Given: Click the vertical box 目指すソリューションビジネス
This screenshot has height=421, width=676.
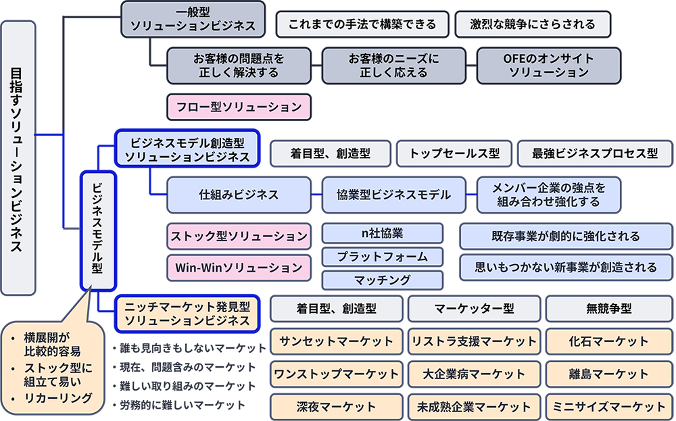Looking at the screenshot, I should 18,157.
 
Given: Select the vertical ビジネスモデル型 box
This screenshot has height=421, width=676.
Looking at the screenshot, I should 98,230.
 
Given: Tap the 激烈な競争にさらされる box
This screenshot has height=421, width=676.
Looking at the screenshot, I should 533,24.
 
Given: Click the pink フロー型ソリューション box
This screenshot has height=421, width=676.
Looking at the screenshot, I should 239,107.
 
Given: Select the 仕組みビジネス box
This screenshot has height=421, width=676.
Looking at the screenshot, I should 239,195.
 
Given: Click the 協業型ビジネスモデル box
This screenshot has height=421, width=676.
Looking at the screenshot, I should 393,195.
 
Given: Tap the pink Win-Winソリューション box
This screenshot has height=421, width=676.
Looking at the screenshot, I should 239,268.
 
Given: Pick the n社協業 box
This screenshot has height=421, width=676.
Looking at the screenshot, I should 383,233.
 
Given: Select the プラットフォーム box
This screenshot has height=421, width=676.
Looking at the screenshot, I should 383,257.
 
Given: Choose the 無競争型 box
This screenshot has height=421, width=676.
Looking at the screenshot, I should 608,309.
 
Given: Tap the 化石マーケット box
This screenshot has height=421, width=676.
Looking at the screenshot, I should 608,341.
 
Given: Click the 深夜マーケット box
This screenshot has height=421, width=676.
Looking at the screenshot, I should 336,407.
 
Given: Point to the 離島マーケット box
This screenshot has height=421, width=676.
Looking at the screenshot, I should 608,374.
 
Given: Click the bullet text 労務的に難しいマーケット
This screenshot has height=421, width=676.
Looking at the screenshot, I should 182,405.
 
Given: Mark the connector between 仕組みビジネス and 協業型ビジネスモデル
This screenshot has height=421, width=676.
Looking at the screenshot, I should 316,195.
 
